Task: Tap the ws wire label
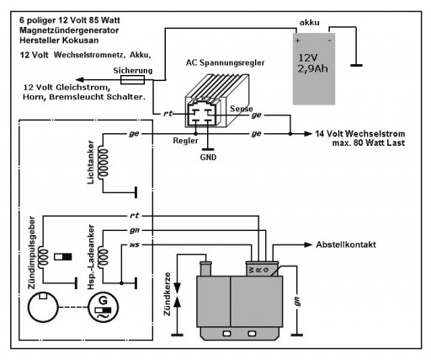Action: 135,245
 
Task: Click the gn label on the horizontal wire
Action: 135,229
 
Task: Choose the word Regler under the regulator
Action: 185,140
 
